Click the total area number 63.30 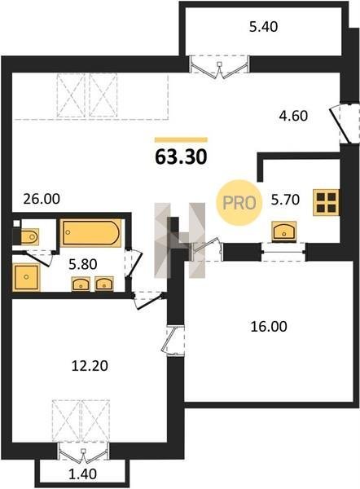pos(181,156)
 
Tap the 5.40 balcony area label pos(263,27)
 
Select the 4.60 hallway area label pos(293,116)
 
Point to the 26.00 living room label pos(42,199)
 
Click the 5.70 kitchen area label pos(285,200)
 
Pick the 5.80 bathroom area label pos(82,264)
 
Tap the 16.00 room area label pos(269,327)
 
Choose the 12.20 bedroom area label pos(90,365)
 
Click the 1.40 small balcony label pos(82,474)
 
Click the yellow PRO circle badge pos(239,203)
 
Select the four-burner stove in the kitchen pos(326,202)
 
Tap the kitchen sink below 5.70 pos(284,231)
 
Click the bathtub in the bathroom pos(90,233)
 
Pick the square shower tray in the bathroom pos(26,277)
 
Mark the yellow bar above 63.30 pos(181,139)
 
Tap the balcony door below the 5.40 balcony pos(220,67)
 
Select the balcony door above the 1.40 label pos(83,452)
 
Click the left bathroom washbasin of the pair pos(81,284)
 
